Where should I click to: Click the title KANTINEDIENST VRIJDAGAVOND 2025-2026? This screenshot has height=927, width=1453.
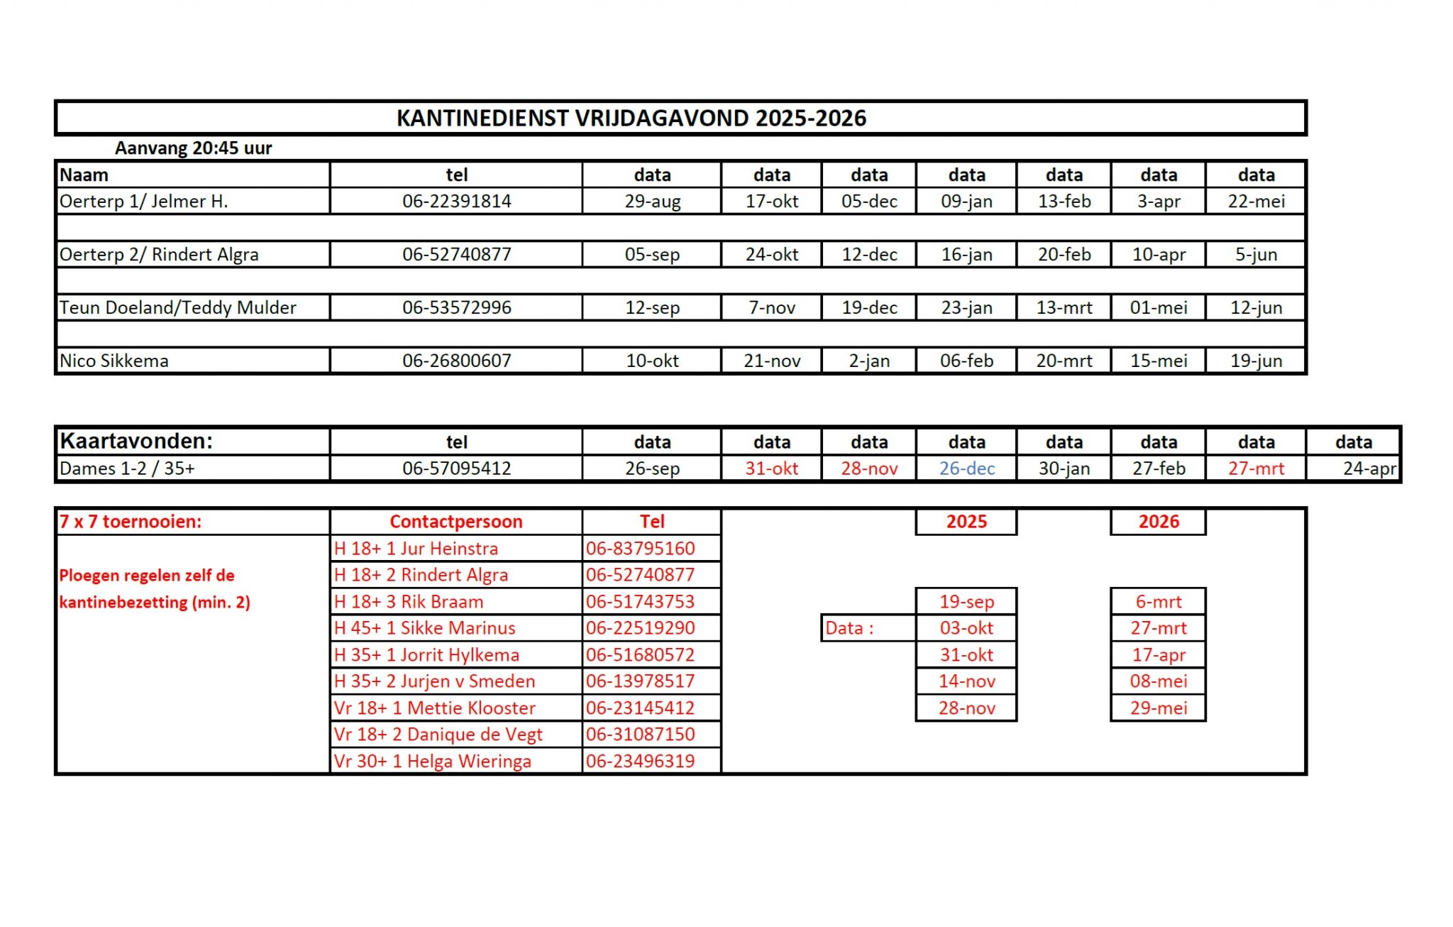click(631, 118)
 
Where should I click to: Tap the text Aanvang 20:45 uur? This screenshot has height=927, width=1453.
click(193, 148)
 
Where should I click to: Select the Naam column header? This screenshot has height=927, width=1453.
click(84, 175)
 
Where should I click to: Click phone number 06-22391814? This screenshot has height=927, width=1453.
click(456, 202)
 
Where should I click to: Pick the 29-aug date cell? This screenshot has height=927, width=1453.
click(652, 202)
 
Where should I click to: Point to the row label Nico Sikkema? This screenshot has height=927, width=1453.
click(114, 361)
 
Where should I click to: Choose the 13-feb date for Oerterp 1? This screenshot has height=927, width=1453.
click(1063, 202)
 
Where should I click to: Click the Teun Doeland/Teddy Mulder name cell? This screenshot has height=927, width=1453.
click(178, 307)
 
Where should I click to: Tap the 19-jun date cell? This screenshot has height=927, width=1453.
click(1256, 361)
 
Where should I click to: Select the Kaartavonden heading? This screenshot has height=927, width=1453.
click(136, 441)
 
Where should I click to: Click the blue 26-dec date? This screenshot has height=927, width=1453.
click(966, 468)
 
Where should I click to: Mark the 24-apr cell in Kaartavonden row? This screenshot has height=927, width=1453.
click(1369, 468)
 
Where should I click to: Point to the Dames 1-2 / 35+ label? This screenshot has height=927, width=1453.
click(127, 468)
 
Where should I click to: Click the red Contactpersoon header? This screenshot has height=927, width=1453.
click(455, 522)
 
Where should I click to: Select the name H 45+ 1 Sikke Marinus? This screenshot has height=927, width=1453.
click(424, 628)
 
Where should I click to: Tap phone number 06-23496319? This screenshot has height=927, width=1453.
click(640, 761)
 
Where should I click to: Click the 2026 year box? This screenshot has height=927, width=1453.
click(1158, 522)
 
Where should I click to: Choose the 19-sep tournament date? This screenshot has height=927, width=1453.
click(966, 602)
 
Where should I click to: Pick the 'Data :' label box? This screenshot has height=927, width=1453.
click(850, 628)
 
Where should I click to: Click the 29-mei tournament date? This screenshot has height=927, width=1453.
click(1158, 708)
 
